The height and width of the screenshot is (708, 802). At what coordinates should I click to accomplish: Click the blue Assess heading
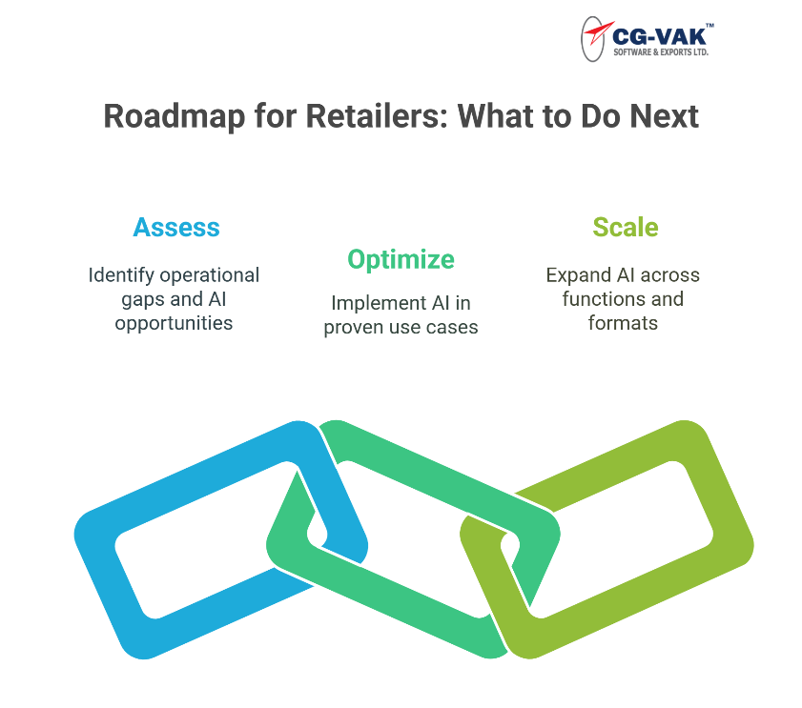click(x=176, y=228)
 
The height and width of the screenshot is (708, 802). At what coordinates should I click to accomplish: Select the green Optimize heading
click(x=401, y=260)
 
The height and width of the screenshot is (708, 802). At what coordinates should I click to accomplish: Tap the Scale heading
click(x=626, y=228)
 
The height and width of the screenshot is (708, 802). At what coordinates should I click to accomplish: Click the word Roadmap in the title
click(x=175, y=117)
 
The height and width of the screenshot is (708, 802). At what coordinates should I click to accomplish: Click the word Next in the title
click(x=664, y=116)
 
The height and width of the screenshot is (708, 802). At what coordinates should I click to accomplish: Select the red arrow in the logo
click(x=599, y=32)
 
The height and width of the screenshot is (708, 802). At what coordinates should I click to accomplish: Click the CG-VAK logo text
click(x=659, y=37)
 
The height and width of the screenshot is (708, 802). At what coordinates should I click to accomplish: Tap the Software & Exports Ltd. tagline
click(x=661, y=52)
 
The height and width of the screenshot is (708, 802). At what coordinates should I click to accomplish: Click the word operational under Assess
click(x=210, y=275)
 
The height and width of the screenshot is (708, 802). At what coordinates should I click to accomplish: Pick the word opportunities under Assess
click(x=174, y=324)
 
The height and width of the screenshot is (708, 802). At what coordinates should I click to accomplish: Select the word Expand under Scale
click(x=579, y=275)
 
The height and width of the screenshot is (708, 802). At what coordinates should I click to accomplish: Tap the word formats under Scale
click(x=623, y=323)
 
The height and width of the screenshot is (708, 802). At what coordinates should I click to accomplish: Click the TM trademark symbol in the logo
click(x=709, y=25)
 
